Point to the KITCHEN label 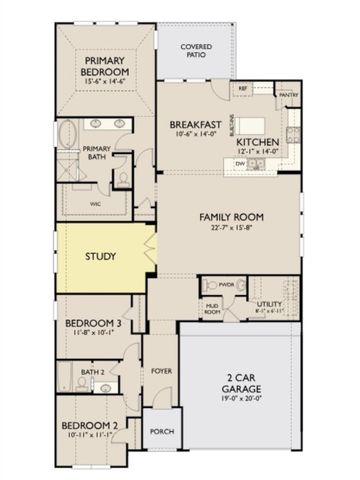click(256, 142)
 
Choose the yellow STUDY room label click(100, 257)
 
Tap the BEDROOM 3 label click(93, 324)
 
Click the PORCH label click(161, 432)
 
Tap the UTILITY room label click(269, 303)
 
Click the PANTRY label click(288, 95)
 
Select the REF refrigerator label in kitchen click(243, 90)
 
